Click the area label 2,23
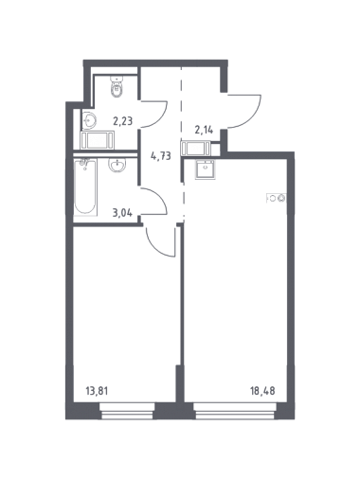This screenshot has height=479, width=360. [x=123, y=120]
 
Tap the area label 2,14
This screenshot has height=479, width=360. [x=204, y=130]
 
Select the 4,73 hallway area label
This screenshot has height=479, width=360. [x=161, y=155]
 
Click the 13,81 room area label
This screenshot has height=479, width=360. [x=97, y=392]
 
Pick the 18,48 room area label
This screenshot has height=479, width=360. [x=262, y=391]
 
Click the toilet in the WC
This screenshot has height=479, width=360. [x=117, y=86]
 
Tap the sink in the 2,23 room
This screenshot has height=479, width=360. [x=89, y=120]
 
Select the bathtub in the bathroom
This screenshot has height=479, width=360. [x=85, y=186]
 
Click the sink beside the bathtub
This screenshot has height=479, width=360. [x=117, y=165]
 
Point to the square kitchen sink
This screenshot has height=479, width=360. [x=205, y=169]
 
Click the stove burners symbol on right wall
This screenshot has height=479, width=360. [x=277, y=198]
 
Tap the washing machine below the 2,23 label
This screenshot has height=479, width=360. [x=97, y=140]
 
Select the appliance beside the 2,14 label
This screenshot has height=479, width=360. [x=196, y=149]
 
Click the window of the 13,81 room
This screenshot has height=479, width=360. [x=127, y=411]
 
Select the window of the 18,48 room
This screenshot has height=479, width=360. [x=235, y=411]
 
